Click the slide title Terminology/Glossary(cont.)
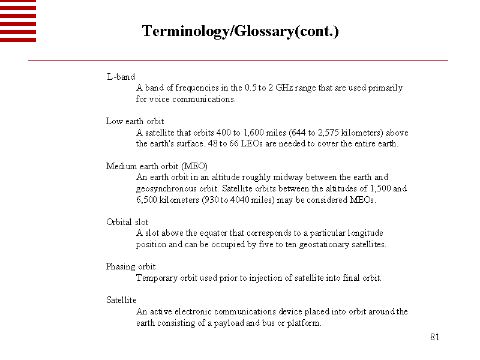[240, 31]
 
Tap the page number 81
[435, 337]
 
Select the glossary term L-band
[121, 77]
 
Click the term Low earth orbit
[135, 121]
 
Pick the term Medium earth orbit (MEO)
[157, 166]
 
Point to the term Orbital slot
[127, 222]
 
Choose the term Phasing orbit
[131, 266]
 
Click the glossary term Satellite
[121, 300]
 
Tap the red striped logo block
[18, 21]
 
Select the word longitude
[365, 233]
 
